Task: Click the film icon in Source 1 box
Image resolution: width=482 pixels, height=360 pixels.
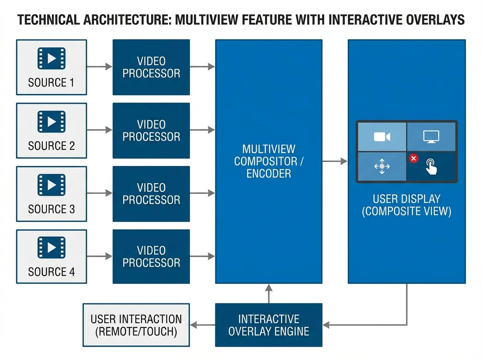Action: click(x=51, y=58)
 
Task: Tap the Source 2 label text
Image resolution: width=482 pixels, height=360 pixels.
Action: click(x=51, y=146)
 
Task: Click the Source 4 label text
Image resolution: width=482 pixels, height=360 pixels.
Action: click(x=51, y=272)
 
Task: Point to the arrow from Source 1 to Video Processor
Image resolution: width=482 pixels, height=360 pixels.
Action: click(x=100, y=67)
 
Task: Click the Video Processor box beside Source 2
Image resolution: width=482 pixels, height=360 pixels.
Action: click(x=151, y=131)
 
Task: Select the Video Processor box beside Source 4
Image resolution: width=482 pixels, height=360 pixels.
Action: click(x=151, y=257)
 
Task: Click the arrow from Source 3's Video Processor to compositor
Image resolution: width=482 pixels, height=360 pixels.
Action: click(x=202, y=193)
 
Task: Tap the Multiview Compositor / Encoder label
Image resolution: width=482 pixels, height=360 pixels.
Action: click(x=269, y=161)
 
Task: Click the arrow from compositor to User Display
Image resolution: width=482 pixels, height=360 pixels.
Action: click(x=335, y=161)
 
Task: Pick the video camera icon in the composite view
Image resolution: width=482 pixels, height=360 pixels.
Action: click(x=382, y=137)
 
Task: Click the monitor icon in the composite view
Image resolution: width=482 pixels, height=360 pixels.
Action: click(x=431, y=137)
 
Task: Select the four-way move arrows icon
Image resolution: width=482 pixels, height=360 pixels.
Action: click(x=382, y=166)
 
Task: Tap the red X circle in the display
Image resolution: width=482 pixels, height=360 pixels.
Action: click(x=413, y=158)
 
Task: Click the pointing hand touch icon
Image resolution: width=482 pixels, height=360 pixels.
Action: click(x=432, y=167)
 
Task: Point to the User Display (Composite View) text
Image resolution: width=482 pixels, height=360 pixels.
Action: click(x=406, y=205)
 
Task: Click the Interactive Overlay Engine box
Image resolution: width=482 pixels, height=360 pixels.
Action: click(x=269, y=325)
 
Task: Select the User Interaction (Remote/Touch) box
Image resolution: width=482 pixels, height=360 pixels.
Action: click(x=136, y=325)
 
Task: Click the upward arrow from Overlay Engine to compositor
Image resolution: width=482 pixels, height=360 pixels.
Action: click(x=269, y=293)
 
